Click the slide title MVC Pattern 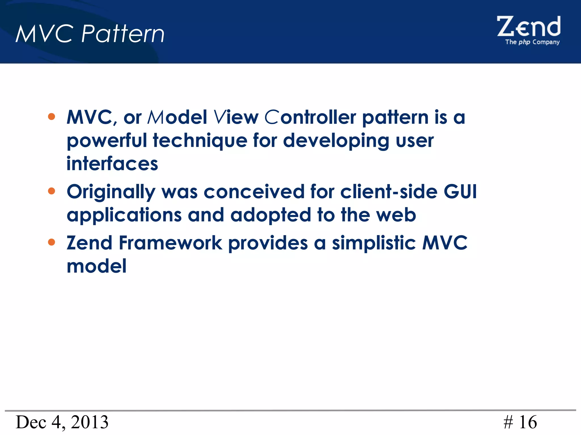pos(90,34)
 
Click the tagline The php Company pos(532,42)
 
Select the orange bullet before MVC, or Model pos(51,116)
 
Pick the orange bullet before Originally pos(51,191)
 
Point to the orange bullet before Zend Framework pos(51,242)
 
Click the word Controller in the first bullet pos(310,117)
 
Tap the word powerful pos(107,141)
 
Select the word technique pos(200,141)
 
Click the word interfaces pos(112,164)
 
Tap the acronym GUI pos(460,192)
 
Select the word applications pos(124,215)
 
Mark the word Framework pos(170,243)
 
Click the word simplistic pos(374,243)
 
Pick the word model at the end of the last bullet pos(96,266)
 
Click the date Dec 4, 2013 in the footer pos(62,422)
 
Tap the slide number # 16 pos(520,422)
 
